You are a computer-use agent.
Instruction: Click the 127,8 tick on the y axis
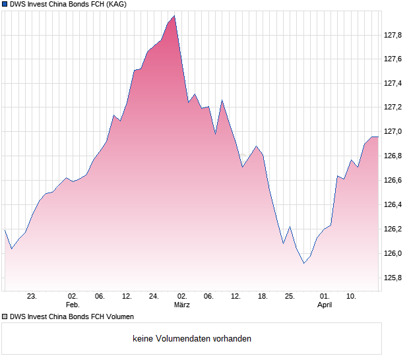393,35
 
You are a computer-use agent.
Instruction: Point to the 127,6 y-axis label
393,59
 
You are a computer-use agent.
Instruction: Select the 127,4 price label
393,83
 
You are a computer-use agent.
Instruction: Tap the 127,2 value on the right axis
393,107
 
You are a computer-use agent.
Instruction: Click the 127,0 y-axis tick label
393,132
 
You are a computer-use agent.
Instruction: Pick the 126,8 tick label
393,156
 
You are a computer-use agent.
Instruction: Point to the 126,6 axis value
393,181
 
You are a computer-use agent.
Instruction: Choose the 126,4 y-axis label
393,205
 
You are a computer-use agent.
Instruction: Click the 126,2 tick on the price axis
393,229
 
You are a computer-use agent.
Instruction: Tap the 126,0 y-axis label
393,254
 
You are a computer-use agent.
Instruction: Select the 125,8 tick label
393,278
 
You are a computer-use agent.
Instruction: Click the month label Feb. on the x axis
73,305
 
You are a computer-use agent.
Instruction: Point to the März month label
182,305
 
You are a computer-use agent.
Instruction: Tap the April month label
325,305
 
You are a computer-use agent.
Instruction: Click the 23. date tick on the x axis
31,297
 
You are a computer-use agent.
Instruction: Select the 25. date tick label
289,297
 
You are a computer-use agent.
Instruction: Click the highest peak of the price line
174,16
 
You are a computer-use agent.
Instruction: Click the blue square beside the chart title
5,5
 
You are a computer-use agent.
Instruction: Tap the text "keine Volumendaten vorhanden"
192,339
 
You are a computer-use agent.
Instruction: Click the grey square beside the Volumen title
5,316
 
